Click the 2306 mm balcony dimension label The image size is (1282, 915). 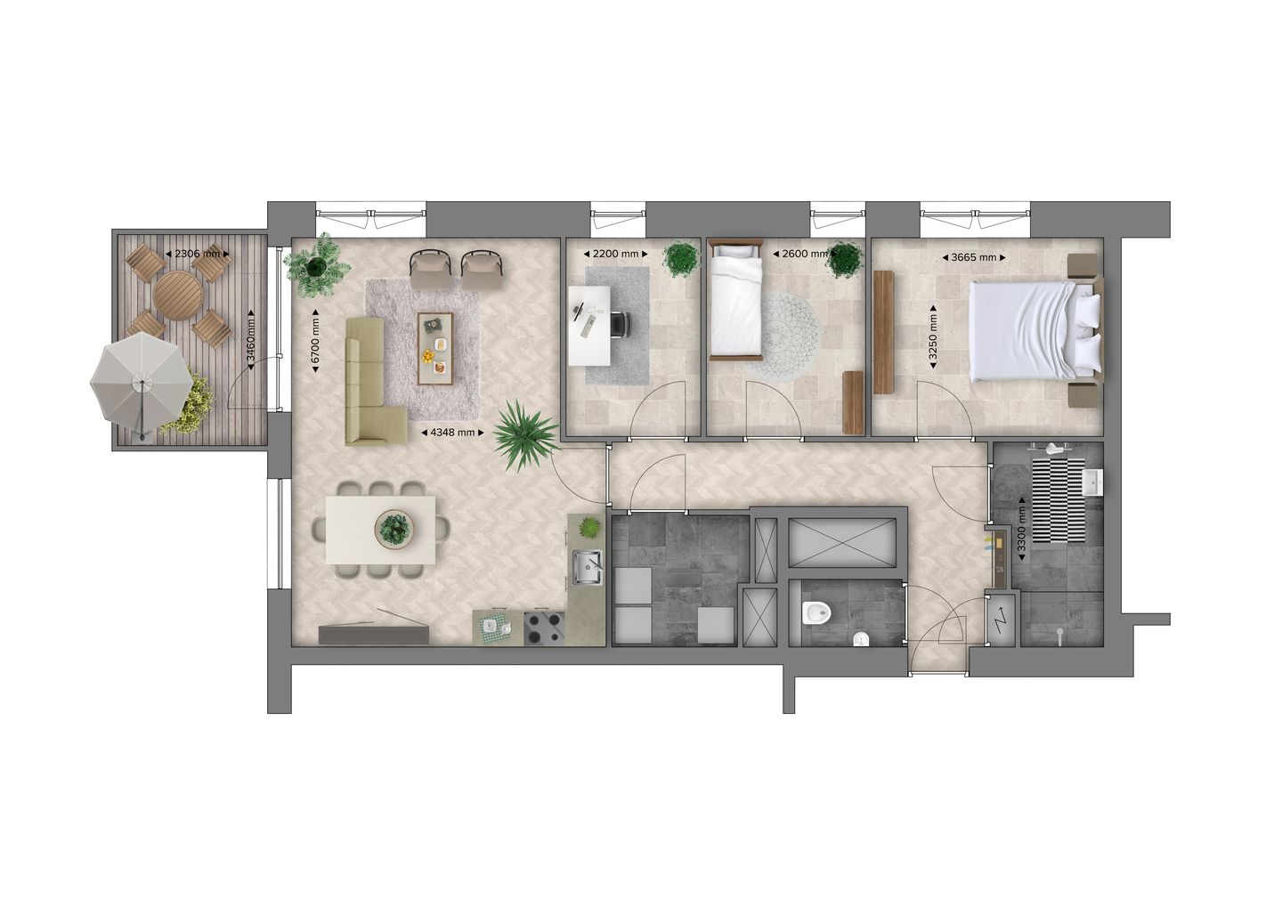pos(197,254)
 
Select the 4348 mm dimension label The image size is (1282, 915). pos(451,433)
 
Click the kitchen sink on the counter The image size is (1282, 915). pos(588,565)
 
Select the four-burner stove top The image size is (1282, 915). pos(544,627)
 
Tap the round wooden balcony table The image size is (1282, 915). pos(177,296)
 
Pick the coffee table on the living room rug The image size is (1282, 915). pos(436,348)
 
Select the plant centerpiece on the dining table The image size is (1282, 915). pos(394,529)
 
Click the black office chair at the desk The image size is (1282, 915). pos(619,325)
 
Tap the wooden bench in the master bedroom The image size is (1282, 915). pos(883,331)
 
